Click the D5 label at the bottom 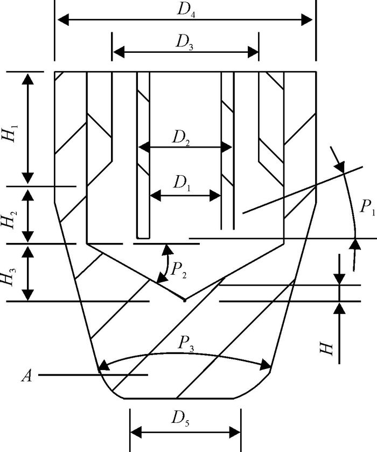pyautogui.click(x=185, y=418)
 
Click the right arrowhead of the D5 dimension pyautogui.click(x=236, y=432)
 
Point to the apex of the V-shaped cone pyautogui.click(x=184, y=300)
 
